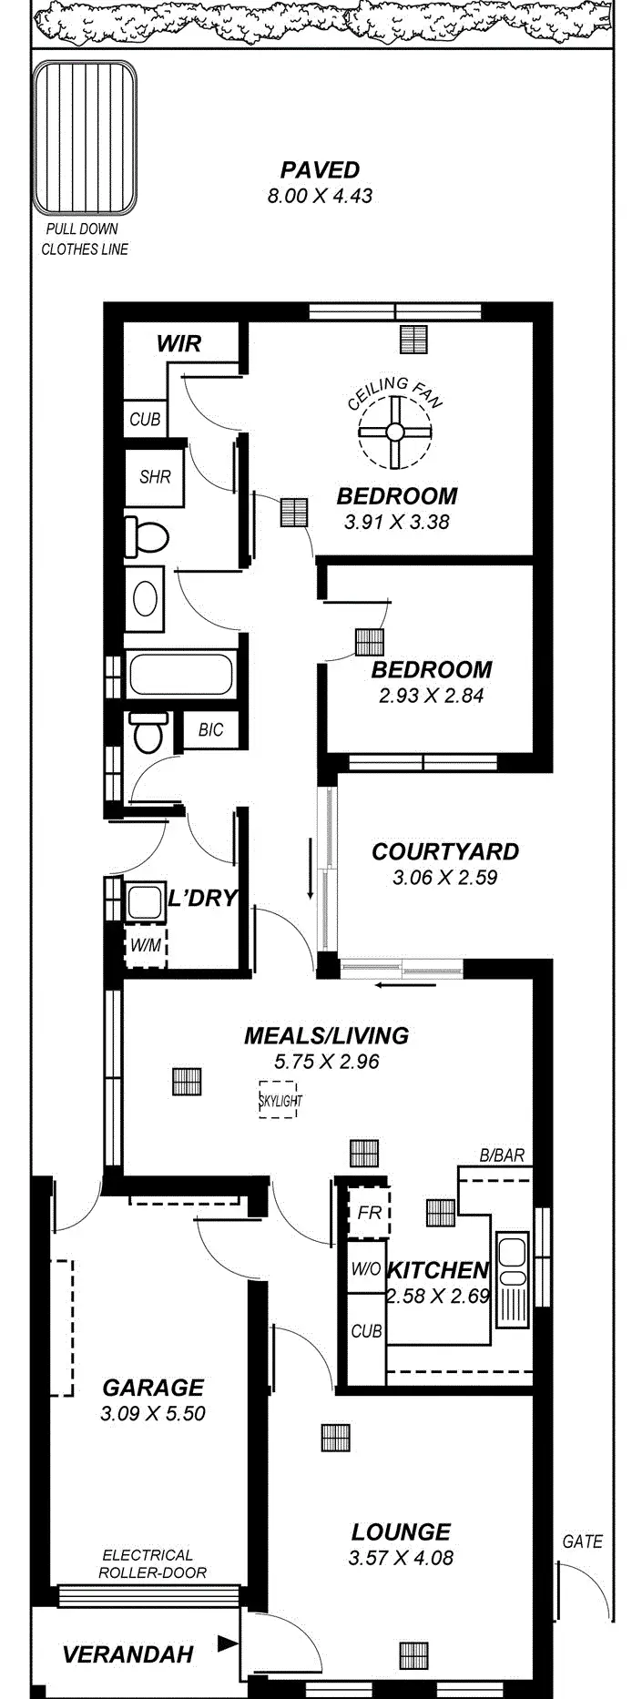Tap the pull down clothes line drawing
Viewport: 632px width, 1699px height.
85,137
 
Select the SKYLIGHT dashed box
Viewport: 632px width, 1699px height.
279,1100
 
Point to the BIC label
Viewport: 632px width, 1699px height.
210,729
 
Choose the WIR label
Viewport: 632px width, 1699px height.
178,343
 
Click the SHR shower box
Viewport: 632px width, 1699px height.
155,476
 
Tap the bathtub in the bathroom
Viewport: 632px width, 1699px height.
181,675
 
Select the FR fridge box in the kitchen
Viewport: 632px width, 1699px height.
369,1213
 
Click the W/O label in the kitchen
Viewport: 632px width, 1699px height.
366,1269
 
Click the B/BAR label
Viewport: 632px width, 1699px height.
502,1155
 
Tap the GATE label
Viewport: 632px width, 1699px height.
582,1541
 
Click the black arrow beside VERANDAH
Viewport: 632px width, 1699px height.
227,1644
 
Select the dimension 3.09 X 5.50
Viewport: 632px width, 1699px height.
153,1413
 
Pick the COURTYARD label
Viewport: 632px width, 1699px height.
444,851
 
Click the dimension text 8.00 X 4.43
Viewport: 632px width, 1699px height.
320,195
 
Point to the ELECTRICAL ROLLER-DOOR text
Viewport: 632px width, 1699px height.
152,1563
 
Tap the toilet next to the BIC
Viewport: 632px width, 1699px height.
148,731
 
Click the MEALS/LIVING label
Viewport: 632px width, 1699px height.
326,1035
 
